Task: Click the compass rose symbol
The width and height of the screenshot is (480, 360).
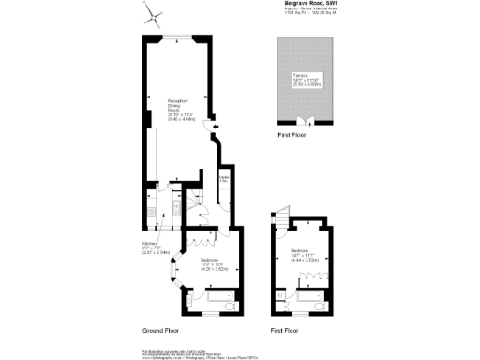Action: (154, 17)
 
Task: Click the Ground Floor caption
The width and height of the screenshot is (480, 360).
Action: (161, 331)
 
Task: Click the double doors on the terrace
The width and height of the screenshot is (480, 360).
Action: (302, 121)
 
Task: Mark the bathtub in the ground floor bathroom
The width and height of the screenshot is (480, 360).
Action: (219, 300)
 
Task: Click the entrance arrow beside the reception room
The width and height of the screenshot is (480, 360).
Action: (216, 128)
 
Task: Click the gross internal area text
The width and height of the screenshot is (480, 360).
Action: (309, 13)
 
